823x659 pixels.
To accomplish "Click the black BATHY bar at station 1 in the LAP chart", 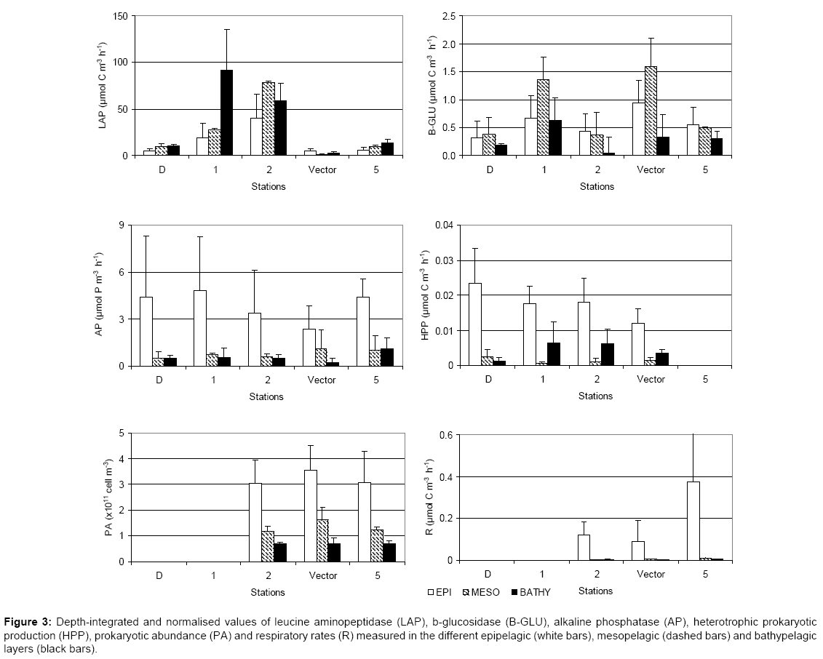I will point(226,113).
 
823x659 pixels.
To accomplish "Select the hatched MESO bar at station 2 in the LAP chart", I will point(269,119).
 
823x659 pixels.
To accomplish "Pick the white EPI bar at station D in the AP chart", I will point(146,331).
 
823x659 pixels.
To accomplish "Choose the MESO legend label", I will point(485,592).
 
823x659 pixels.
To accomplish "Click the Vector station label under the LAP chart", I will point(321,169).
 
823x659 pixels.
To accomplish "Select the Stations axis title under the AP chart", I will point(266,396).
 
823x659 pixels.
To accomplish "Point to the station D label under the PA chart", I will point(159,575).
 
